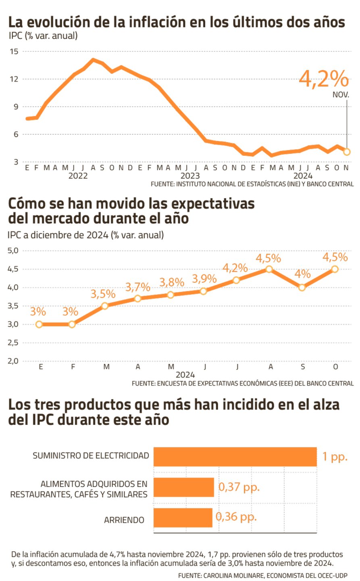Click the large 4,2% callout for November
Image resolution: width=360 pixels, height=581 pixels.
(x=324, y=79)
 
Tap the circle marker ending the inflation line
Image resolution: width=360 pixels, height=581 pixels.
(x=347, y=152)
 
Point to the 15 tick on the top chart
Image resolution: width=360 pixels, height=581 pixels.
(x=15, y=51)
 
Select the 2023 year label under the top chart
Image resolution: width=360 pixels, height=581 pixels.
(x=190, y=176)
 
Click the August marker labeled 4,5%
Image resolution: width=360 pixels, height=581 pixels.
(x=269, y=269)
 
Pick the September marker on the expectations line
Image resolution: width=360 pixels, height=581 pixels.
(x=302, y=287)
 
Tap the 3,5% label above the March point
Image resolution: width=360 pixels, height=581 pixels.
(x=103, y=294)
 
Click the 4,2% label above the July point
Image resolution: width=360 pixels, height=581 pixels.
(x=235, y=268)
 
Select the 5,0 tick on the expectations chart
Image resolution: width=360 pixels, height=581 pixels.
(x=13, y=251)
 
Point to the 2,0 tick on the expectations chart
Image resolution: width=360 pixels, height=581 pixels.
(x=13, y=361)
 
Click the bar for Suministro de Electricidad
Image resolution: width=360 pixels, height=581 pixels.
(x=235, y=457)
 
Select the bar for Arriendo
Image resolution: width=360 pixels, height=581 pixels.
(x=183, y=517)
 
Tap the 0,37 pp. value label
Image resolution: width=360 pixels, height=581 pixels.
(x=239, y=487)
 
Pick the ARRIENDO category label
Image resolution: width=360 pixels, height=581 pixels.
(x=124, y=520)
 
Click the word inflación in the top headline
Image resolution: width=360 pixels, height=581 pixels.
(x=157, y=22)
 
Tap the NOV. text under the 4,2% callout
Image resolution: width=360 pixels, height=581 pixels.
(x=341, y=95)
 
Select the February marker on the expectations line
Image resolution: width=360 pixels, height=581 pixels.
(x=72, y=324)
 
